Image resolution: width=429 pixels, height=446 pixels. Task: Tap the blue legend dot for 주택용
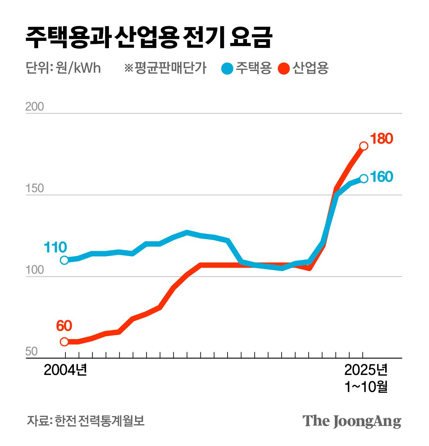[x=227, y=69]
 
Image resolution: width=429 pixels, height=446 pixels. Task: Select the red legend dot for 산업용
[x=284, y=69]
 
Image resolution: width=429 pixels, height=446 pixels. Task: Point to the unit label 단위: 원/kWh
[x=63, y=68]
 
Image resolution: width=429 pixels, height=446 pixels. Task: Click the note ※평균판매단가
[x=165, y=68]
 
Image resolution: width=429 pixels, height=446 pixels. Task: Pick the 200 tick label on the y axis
[x=35, y=107]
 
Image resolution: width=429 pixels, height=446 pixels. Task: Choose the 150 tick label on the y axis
[x=35, y=188]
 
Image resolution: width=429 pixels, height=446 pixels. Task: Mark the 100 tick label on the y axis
[x=35, y=270]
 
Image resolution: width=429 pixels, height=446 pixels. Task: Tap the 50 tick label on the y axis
[x=32, y=352]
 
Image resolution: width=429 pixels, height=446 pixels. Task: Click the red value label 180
[x=381, y=139]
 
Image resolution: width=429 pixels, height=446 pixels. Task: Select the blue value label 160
[x=381, y=177]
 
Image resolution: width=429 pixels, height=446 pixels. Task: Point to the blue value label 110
[x=55, y=248]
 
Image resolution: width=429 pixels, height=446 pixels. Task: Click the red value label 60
[x=64, y=326]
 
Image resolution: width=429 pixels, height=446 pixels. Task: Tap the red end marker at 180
[x=364, y=146]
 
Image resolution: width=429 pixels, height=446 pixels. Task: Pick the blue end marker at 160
[x=364, y=179]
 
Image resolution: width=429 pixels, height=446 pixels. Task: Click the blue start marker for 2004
[x=64, y=260]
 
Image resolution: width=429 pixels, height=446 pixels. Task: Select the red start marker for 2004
[x=64, y=342]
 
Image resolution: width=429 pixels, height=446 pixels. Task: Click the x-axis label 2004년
[x=65, y=370]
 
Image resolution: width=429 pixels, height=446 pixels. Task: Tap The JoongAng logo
[x=352, y=421]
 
